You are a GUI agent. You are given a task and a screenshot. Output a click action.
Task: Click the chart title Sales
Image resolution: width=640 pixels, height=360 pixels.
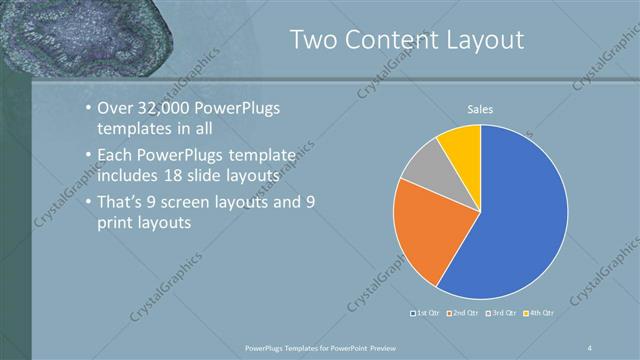click(481, 109)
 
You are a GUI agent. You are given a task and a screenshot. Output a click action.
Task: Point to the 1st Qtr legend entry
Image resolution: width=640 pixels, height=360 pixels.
click(428, 314)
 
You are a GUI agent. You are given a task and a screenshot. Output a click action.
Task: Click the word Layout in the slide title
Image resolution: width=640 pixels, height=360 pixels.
click(487, 40)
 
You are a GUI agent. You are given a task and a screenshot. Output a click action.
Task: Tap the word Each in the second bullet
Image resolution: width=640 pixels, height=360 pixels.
click(115, 156)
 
